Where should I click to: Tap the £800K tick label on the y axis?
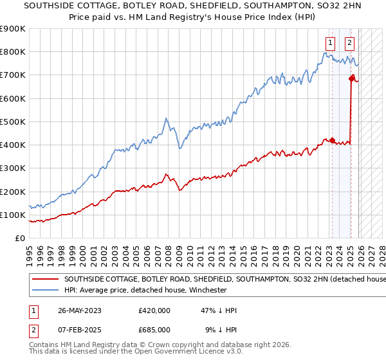[x=13, y=52]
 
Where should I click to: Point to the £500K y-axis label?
[x=13, y=122]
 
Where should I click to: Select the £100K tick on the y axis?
[x=13, y=215]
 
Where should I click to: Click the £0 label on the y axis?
[x=19, y=239]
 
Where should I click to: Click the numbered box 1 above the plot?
[x=331, y=44]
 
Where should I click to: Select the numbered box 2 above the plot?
[x=349, y=44]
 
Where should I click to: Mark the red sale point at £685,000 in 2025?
[x=352, y=78]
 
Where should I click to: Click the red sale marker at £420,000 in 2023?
[x=332, y=140]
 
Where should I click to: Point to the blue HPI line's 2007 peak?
[x=166, y=119]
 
